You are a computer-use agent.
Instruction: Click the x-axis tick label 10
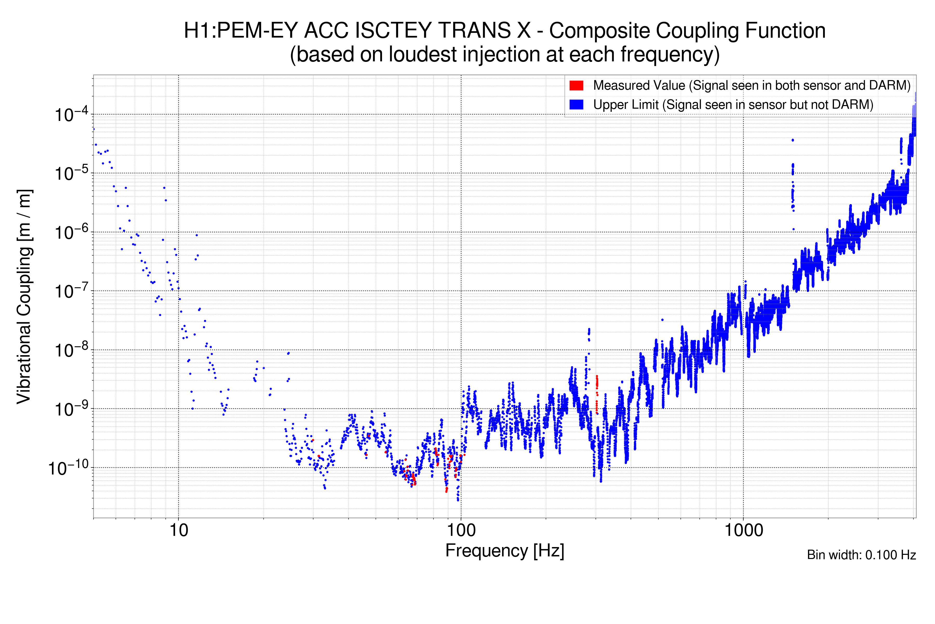click(x=178, y=530)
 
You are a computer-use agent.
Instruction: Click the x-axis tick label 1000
click(x=743, y=530)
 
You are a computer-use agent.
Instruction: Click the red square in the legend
click(x=576, y=86)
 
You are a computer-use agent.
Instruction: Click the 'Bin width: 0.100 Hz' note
click(x=861, y=555)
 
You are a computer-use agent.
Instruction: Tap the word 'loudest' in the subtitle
click(x=423, y=55)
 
